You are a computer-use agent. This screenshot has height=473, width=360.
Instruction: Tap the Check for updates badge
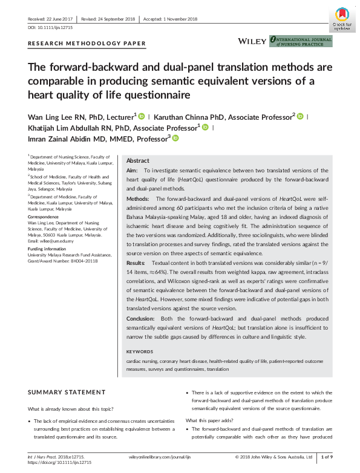(342, 19)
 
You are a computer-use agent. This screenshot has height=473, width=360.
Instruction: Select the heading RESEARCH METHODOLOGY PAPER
(87, 44)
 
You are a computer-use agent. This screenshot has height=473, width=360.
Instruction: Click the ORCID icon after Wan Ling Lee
(142, 116)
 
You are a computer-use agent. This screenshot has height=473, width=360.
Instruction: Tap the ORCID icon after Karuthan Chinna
(299, 116)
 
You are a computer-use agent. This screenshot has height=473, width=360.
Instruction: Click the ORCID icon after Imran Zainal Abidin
(176, 139)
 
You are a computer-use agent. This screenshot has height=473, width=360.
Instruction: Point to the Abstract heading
(138, 161)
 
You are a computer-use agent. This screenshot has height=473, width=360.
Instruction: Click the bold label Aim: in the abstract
(132, 172)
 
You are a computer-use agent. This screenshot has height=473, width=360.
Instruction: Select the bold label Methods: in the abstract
(138, 198)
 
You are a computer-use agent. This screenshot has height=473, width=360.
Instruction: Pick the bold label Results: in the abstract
(136, 264)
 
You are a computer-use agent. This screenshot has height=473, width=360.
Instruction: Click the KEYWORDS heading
(140, 351)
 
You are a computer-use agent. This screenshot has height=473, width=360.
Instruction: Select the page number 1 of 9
(326, 457)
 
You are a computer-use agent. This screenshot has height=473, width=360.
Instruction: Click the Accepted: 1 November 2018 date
(170, 19)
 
